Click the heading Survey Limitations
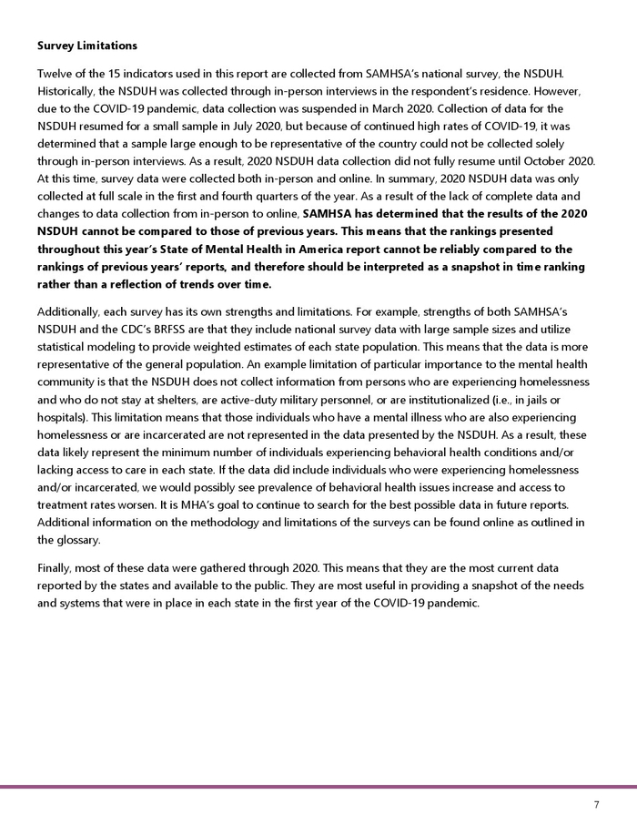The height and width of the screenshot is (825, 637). click(86, 45)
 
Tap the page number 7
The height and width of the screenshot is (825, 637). click(596, 805)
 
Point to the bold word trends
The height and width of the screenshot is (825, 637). click(194, 284)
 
